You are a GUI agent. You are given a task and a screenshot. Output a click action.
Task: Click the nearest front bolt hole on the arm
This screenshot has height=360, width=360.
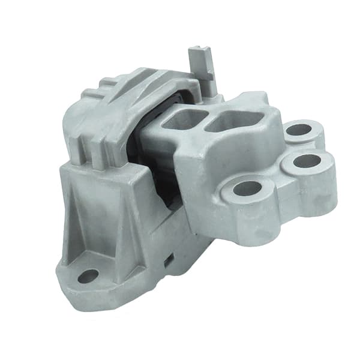[247, 189]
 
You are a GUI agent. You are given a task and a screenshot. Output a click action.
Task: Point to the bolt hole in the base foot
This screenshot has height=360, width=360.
[88, 276]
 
